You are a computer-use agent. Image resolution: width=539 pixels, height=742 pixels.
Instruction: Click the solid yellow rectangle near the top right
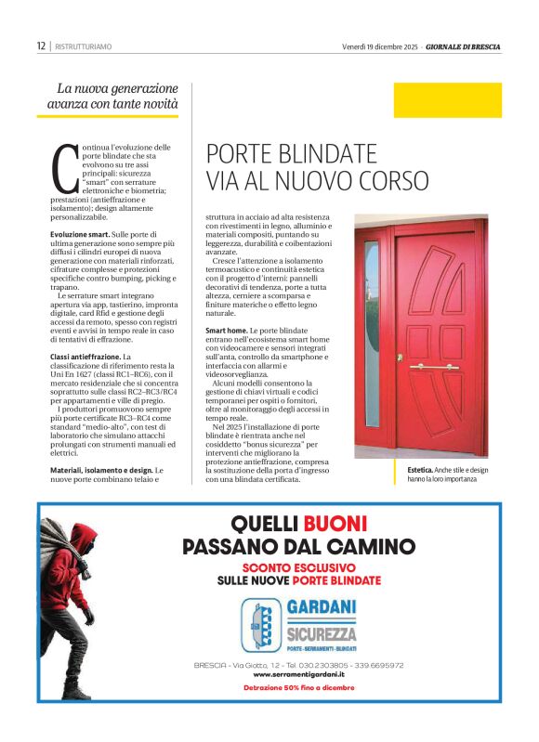pos(447,100)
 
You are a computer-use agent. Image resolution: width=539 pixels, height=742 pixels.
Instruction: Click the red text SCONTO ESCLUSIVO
pos(298,566)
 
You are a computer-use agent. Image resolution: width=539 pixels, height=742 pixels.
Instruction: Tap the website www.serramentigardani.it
pos(298,674)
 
